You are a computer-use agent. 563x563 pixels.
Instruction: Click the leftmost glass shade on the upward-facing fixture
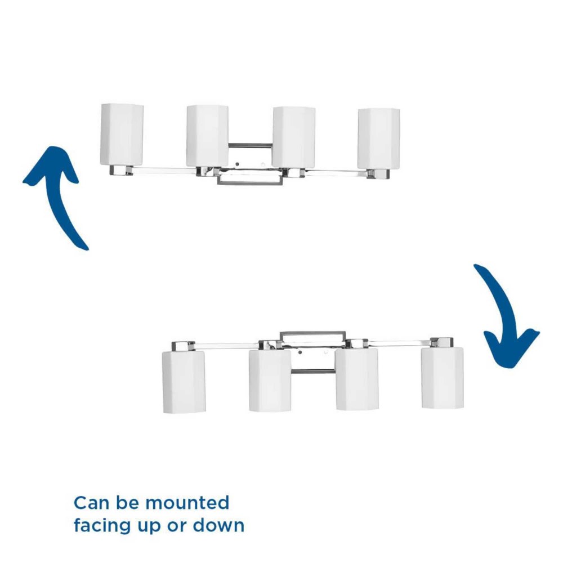tap(122, 135)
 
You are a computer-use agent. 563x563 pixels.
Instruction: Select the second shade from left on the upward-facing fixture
tap(208, 136)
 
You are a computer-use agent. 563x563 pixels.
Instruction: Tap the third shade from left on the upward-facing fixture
tap(294, 137)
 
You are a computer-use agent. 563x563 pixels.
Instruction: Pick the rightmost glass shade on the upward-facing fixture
tap(379, 139)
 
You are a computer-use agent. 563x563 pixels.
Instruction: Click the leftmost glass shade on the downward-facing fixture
tap(184, 382)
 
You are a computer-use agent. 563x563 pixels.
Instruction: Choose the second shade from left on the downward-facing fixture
tap(270, 381)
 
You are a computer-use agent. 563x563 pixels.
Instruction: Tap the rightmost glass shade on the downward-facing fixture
tap(443, 378)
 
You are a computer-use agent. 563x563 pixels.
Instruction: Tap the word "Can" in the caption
tap(91, 503)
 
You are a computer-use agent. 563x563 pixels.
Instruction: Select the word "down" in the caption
tap(218, 525)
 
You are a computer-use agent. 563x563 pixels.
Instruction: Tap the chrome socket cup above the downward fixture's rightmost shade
tap(441, 342)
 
